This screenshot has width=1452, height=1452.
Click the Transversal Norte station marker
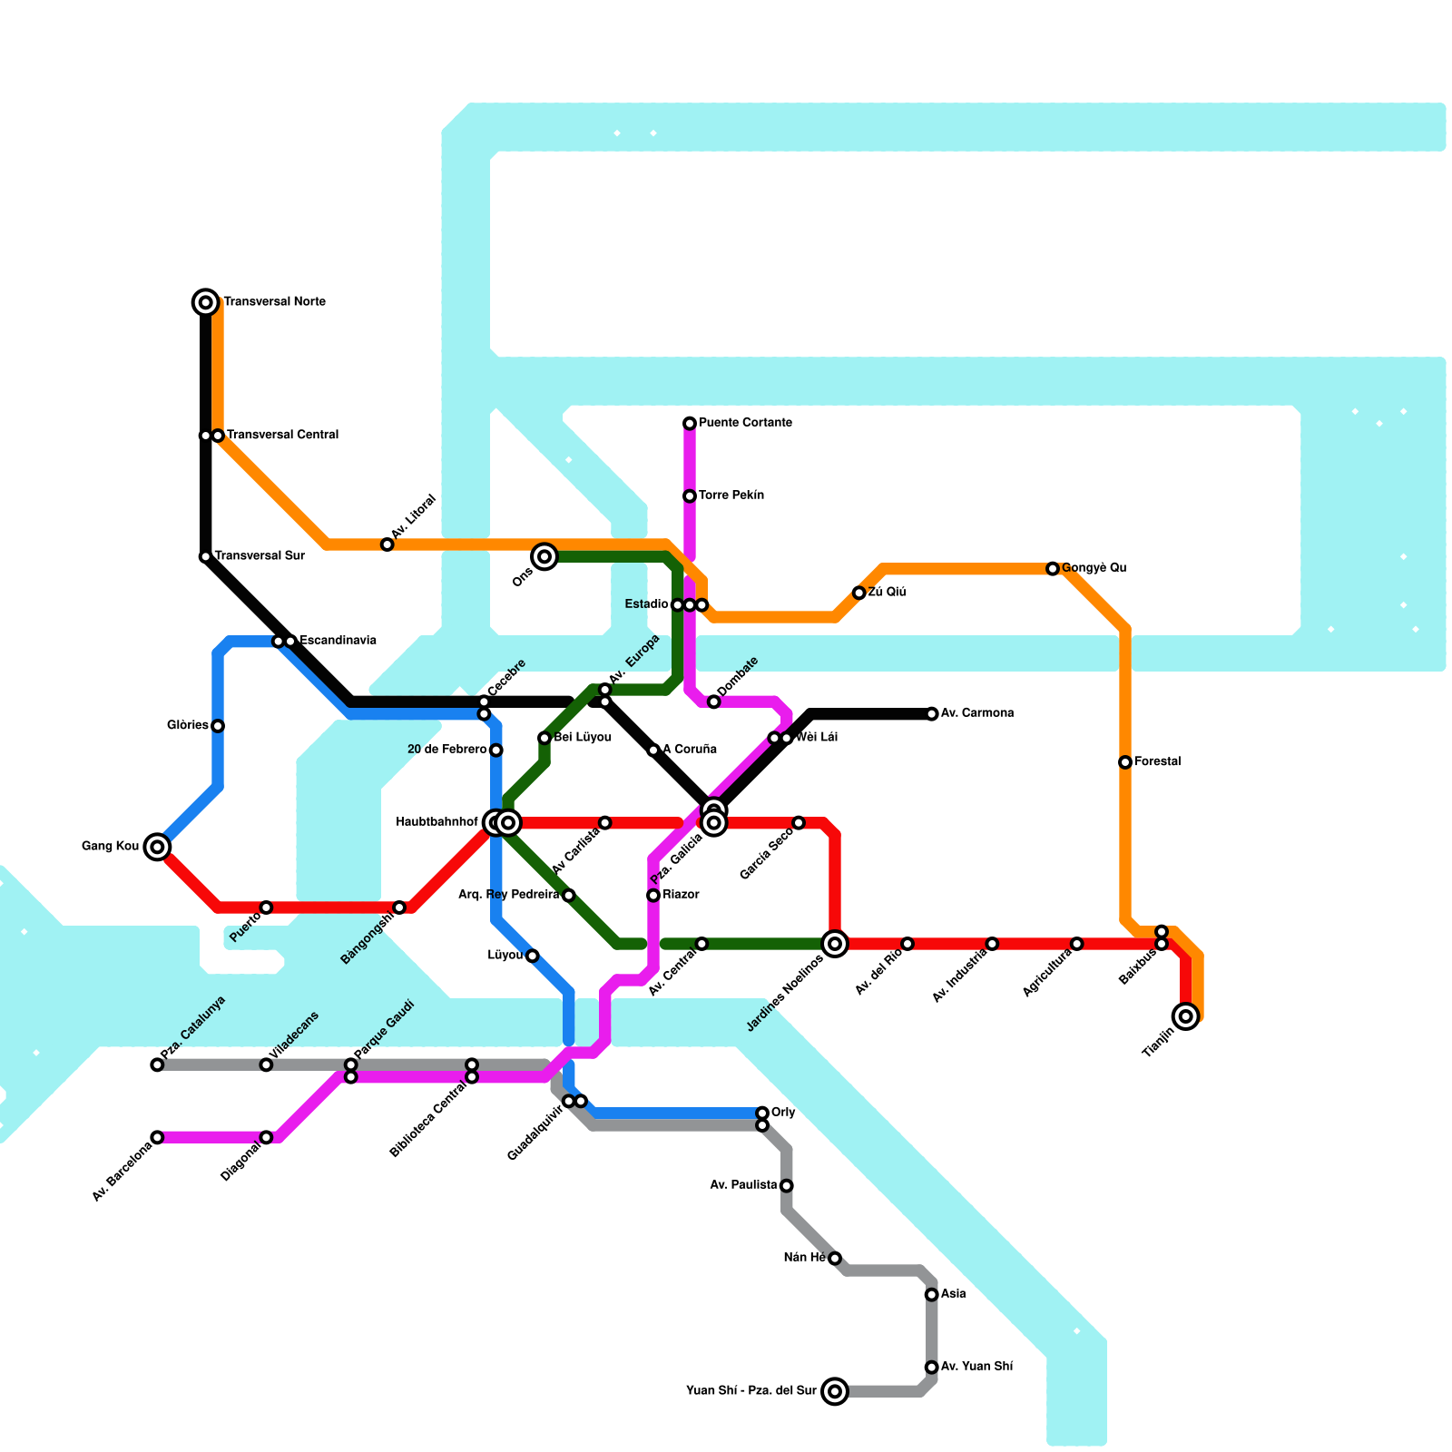click(206, 302)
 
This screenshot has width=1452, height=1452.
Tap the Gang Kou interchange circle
click(158, 847)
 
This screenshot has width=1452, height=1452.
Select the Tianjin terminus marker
click(1186, 1016)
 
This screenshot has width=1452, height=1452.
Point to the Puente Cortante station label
click(745, 423)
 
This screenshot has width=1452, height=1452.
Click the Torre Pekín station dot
click(690, 496)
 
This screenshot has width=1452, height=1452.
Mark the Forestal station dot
click(1125, 762)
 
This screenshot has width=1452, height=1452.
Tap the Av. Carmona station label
click(976, 713)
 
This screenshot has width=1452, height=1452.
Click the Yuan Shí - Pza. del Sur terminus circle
click(835, 1391)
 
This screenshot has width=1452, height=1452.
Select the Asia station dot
click(931, 1294)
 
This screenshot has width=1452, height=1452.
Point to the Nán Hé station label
click(805, 1258)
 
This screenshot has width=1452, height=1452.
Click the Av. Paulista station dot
click(786, 1185)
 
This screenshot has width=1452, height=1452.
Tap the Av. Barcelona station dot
click(157, 1137)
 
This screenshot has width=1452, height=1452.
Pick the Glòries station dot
click(218, 726)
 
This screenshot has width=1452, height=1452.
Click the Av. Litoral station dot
click(388, 544)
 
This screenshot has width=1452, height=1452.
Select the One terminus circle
click(544, 556)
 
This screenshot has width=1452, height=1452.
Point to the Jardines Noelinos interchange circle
click(835, 944)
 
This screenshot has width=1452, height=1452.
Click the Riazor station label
click(681, 895)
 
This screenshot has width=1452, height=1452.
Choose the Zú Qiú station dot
click(858, 593)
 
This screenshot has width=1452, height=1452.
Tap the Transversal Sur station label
click(260, 556)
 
